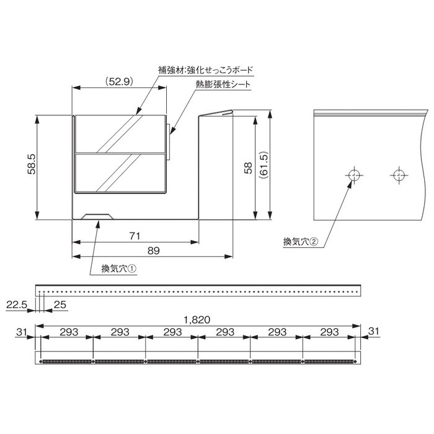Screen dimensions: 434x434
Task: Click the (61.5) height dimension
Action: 263,166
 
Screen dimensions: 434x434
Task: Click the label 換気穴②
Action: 300,242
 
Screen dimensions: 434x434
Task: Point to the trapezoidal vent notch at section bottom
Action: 98,216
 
